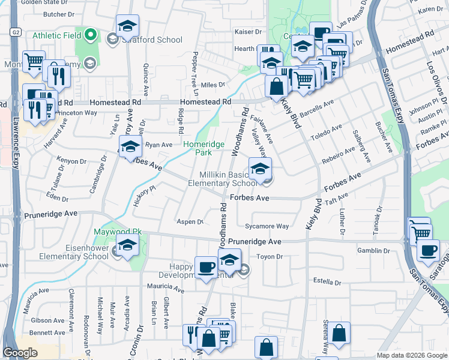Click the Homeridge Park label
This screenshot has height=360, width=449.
coord(203,149)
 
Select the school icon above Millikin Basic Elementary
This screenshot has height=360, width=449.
coord(260,169)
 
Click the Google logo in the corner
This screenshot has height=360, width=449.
coord(20,353)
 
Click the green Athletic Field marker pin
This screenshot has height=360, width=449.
coord(91,35)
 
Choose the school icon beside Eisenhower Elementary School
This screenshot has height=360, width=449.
coord(128,245)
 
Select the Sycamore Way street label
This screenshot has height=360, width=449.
coord(267,227)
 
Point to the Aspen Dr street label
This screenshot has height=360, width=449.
coord(191,221)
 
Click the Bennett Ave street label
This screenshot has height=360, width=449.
coord(46,332)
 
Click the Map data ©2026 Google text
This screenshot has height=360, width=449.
coord(411,355)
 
